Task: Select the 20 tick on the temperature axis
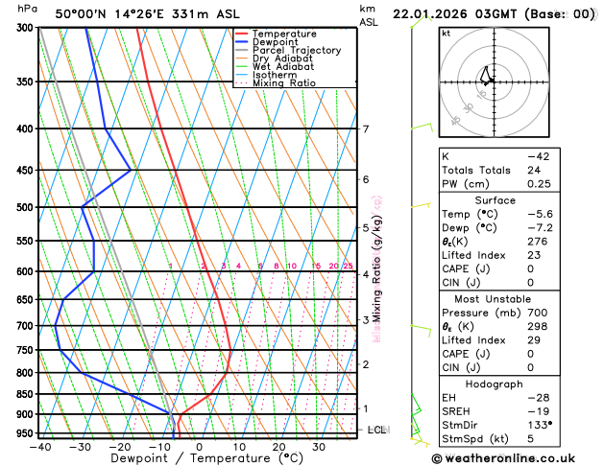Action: tap(278, 446)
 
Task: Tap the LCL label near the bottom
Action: tap(376, 430)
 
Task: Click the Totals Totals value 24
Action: tap(533, 170)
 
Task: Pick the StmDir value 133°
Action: tap(540, 424)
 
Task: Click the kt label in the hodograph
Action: tap(447, 33)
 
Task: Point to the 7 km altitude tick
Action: tap(365, 129)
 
